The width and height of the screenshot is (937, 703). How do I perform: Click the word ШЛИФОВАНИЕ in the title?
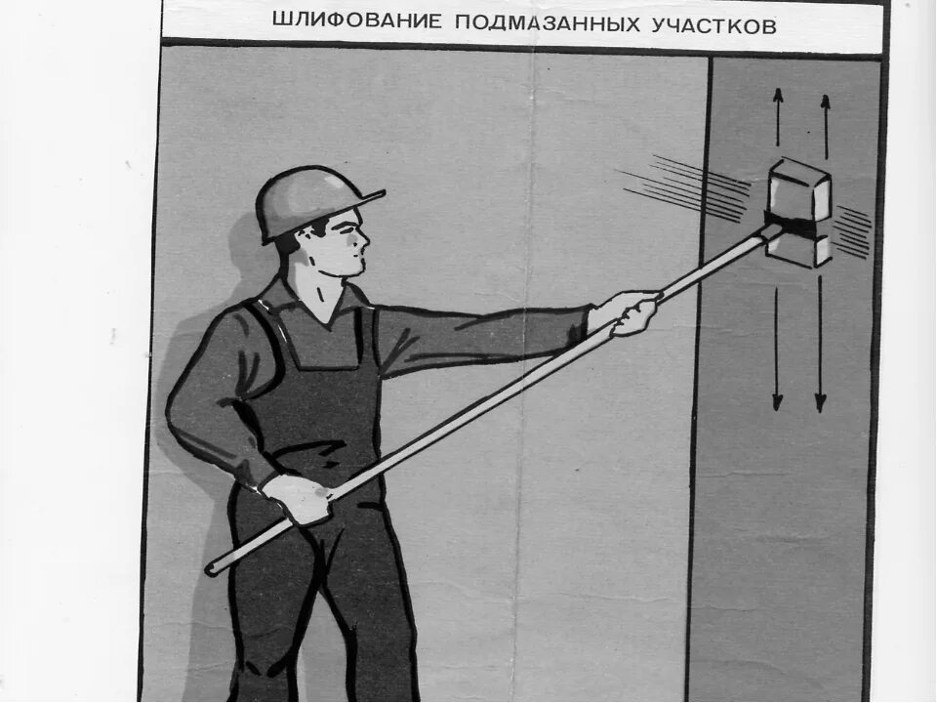click(x=353, y=21)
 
